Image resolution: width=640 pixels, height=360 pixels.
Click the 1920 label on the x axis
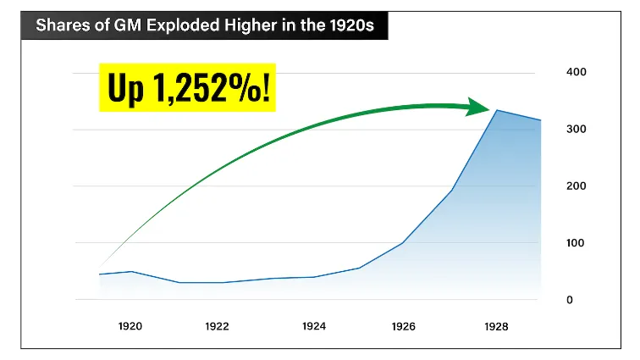pos(130,326)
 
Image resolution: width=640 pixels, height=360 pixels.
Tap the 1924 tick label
pos(314,326)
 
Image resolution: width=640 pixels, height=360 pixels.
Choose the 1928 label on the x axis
pos(496,326)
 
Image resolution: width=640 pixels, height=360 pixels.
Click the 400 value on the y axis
pos(576,72)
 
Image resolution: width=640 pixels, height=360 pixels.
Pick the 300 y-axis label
pos(576,129)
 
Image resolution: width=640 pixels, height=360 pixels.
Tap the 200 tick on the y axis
pos(576,186)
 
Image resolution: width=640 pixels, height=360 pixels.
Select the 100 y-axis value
pos(576,243)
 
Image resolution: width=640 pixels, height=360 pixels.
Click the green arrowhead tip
pos(489,108)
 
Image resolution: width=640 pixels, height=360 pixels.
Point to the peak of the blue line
pos(497,110)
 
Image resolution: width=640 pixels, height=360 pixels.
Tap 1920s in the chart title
pos(354,25)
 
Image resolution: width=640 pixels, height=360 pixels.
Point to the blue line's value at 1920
pos(130,271)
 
